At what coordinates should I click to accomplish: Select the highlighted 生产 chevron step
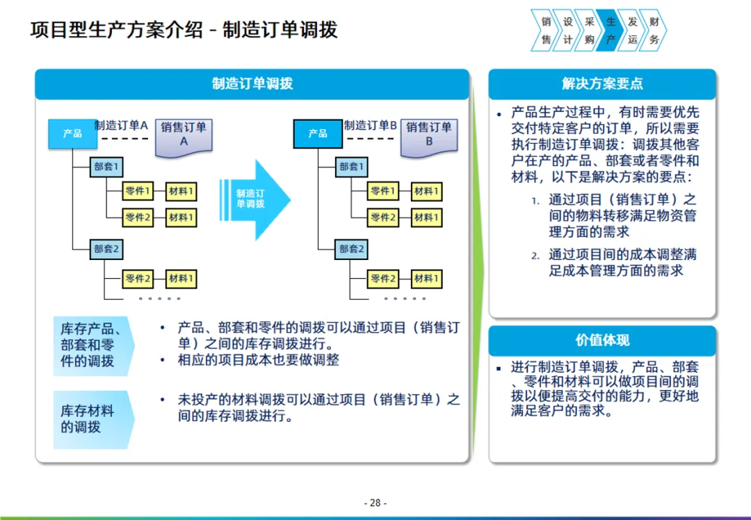[611, 31]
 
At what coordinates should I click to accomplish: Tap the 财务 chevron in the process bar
[653, 31]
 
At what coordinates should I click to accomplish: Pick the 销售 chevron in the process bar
[547, 31]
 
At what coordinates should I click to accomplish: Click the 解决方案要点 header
[602, 83]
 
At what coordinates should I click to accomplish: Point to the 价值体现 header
[602, 340]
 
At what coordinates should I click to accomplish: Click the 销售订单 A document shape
[184, 135]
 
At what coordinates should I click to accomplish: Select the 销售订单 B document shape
[429, 135]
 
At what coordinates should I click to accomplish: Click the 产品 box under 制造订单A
[72, 133]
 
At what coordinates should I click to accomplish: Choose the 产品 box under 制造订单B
[318, 133]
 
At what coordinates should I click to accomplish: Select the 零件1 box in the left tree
[138, 191]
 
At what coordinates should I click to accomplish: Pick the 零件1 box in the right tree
[383, 191]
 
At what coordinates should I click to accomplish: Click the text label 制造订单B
[370, 126]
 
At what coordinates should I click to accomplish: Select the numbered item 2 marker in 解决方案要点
[535, 256]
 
